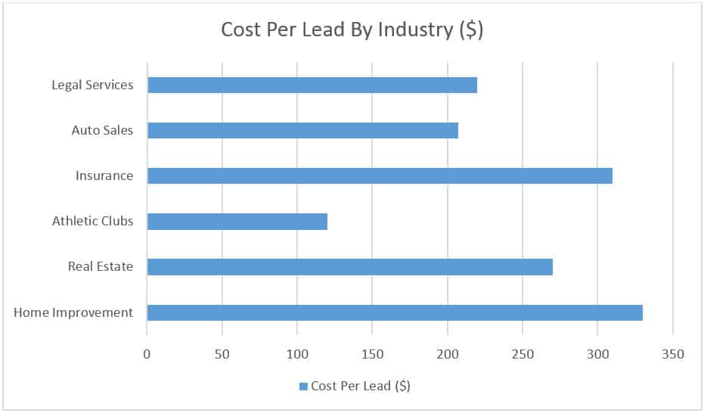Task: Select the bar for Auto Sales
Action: pos(302,130)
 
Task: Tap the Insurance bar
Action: pos(380,175)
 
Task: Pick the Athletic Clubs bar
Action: pos(237,222)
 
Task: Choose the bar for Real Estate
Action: pos(349,267)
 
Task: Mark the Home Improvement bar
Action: pos(395,312)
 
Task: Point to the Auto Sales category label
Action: pos(102,130)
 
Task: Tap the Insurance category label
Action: pos(104,175)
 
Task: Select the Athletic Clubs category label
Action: pos(92,222)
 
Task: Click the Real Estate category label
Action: pos(101,267)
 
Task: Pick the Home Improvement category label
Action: pos(73,312)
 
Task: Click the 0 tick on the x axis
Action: pos(147,353)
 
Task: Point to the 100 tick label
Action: pos(297,353)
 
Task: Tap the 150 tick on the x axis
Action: pos(372,353)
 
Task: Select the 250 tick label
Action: pos(523,353)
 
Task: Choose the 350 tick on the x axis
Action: pos(672,353)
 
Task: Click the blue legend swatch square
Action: pos(303,387)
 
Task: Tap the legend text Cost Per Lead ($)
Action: pos(361,386)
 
